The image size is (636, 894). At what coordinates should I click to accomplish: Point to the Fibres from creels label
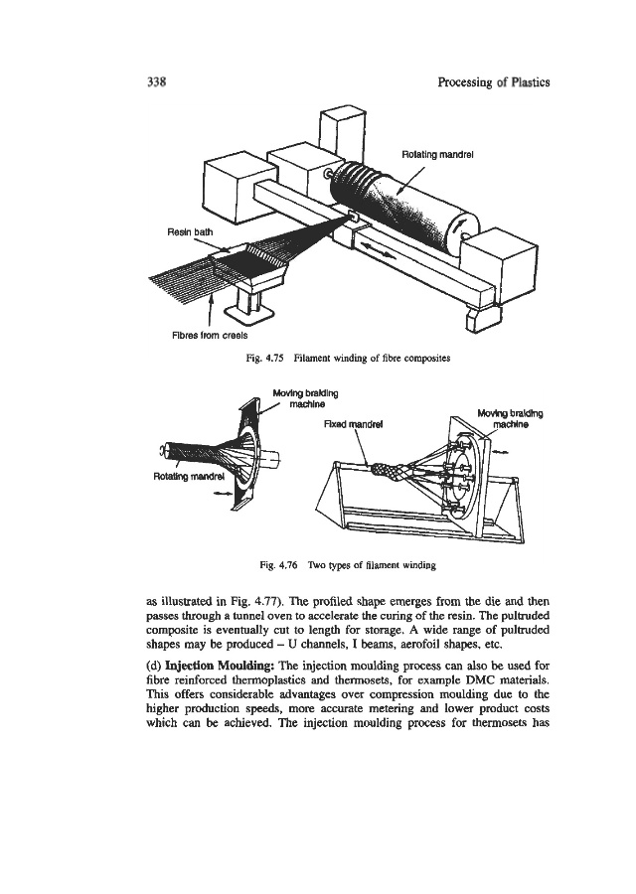(202, 333)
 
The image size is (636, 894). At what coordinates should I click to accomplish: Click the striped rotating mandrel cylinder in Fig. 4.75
(393, 204)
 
